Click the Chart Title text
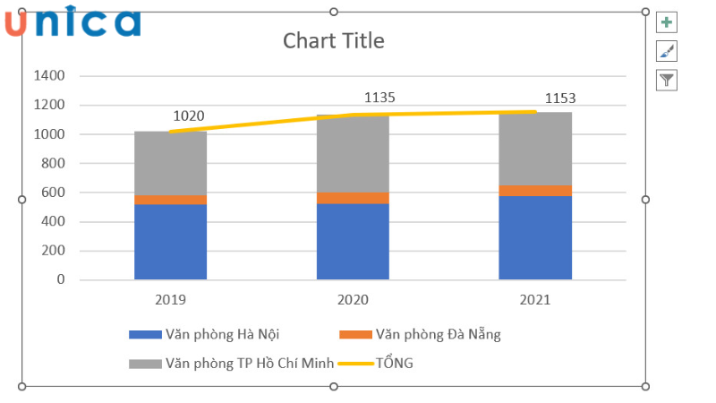[x=333, y=41]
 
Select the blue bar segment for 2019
[x=170, y=242]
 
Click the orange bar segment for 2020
[x=353, y=198]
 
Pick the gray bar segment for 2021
[x=534, y=149]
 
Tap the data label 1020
[x=188, y=116]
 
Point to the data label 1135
[x=379, y=98]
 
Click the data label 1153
[x=561, y=99]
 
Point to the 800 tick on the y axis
[x=52, y=164]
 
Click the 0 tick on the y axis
[x=61, y=279]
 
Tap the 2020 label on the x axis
[x=353, y=300]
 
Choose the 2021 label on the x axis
[x=534, y=300]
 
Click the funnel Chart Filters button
[x=667, y=81]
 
